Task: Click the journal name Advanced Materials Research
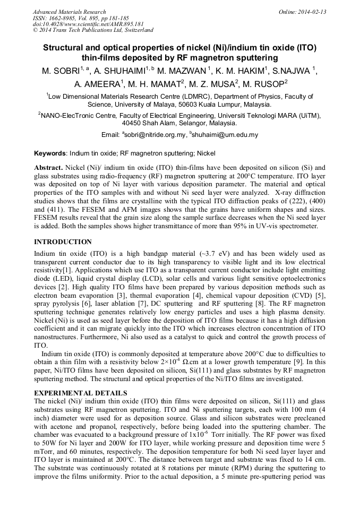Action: [69, 12]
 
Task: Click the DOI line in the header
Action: [88, 24]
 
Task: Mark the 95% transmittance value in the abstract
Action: [218, 226]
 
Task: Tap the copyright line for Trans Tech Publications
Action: [93, 30]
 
